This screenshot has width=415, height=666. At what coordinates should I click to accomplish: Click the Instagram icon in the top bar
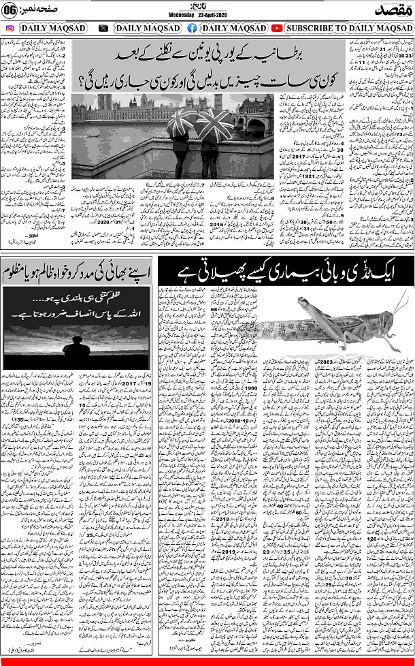[x=10, y=28]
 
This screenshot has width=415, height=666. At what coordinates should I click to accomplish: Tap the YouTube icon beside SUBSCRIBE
[x=277, y=28]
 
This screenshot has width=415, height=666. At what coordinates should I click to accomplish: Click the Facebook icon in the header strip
[x=192, y=28]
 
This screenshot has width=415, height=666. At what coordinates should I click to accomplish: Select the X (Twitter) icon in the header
[x=103, y=28]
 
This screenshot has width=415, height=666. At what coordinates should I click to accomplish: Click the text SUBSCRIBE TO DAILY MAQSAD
[x=348, y=28]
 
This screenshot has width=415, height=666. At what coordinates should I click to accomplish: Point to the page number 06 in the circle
[x=10, y=11]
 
